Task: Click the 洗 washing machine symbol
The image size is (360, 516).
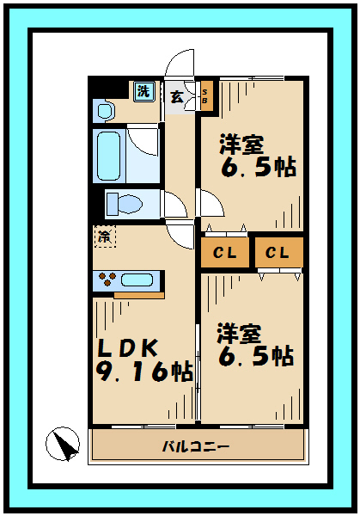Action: (x=143, y=89)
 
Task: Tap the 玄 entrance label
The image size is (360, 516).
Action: (x=175, y=95)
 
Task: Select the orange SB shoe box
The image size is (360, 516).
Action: (x=205, y=95)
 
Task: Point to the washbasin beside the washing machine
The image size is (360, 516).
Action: (x=105, y=110)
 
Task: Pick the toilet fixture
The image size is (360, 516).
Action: (x=125, y=205)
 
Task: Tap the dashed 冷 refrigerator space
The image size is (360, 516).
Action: (x=105, y=236)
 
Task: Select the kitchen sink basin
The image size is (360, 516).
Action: (x=137, y=279)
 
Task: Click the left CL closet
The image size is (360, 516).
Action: (x=225, y=253)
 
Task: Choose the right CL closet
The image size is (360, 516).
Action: (x=278, y=253)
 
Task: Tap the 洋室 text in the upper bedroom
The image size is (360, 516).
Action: (x=241, y=143)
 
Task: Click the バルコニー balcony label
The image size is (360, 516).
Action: (x=196, y=446)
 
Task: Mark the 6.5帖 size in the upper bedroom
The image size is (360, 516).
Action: (x=257, y=167)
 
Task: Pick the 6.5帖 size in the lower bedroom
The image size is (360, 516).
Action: (x=255, y=356)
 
